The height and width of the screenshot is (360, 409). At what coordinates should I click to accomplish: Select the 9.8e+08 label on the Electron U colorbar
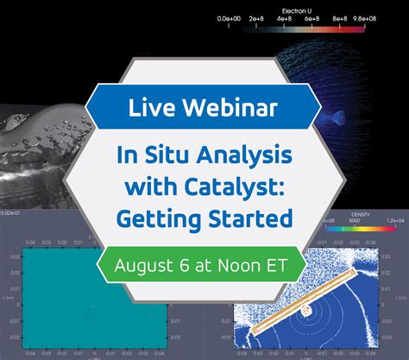(391, 17)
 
